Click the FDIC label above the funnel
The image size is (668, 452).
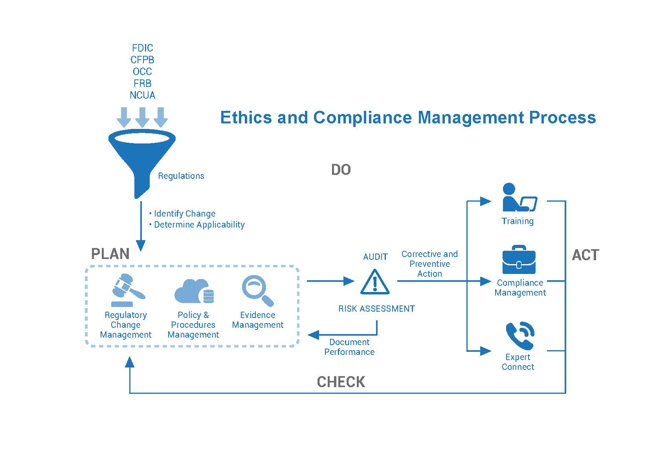pyautogui.click(x=143, y=48)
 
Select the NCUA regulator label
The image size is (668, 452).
pyautogui.click(x=143, y=95)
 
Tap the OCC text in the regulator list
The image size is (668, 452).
pyautogui.click(x=143, y=72)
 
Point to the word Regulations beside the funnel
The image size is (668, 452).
pyautogui.click(x=181, y=176)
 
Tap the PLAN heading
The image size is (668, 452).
pyautogui.click(x=110, y=254)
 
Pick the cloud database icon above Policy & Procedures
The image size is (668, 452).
pyautogui.click(x=194, y=291)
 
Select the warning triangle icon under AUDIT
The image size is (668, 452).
pyautogui.click(x=375, y=282)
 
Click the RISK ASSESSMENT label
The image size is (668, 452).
pyautogui.click(x=377, y=309)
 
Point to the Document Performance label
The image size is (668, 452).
pyautogui.click(x=349, y=347)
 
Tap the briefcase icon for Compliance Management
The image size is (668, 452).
pyautogui.click(x=519, y=259)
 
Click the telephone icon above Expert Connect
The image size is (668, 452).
pyautogui.click(x=520, y=336)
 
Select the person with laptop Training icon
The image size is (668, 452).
pyautogui.click(x=520, y=197)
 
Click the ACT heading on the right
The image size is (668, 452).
pyautogui.click(x=585, y=255)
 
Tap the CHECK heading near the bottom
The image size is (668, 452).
pyautogui.click(x=341, y=382)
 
